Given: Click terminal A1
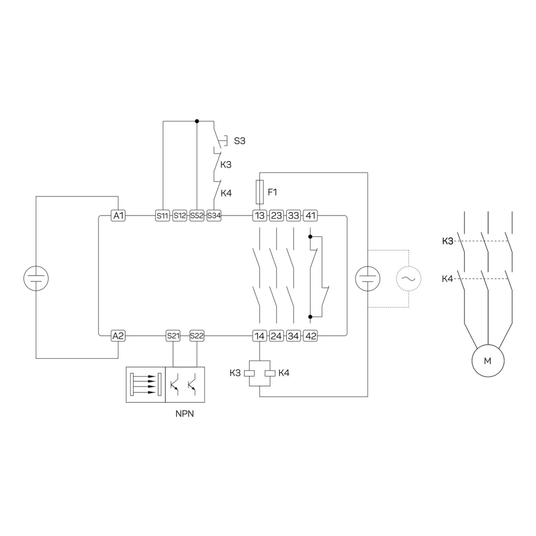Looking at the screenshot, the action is tap(118, 216).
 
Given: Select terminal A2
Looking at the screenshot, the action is tap(118, 336).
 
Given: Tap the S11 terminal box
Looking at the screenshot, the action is tap(163, 216).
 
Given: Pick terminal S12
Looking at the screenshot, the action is tap(180, 216).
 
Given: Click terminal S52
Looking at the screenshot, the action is tap(197, 216).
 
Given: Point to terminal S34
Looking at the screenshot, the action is tap(214, 216).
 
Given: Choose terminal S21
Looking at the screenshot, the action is tap(173, 336).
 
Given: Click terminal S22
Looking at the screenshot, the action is tap(197, 336).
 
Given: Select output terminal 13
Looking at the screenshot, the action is tap(260, 216).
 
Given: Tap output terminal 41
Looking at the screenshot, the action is tap(310, 216).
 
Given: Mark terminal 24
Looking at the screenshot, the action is tap(276, 336).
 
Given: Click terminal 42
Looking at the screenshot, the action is tap(310, 336).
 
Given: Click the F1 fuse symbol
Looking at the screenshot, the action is tap(260, 192).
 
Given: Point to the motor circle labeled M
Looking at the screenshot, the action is tap(488, 361).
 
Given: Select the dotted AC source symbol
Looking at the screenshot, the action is tap(409, 279).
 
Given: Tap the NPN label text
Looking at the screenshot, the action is tap(184, 414).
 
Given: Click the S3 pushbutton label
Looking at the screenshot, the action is tap(239, 141).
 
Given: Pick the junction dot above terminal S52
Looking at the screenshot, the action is tap(197, 121).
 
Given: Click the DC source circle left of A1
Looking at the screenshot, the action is tap(36, 278).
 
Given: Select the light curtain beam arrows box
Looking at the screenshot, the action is tap(146, 385).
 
